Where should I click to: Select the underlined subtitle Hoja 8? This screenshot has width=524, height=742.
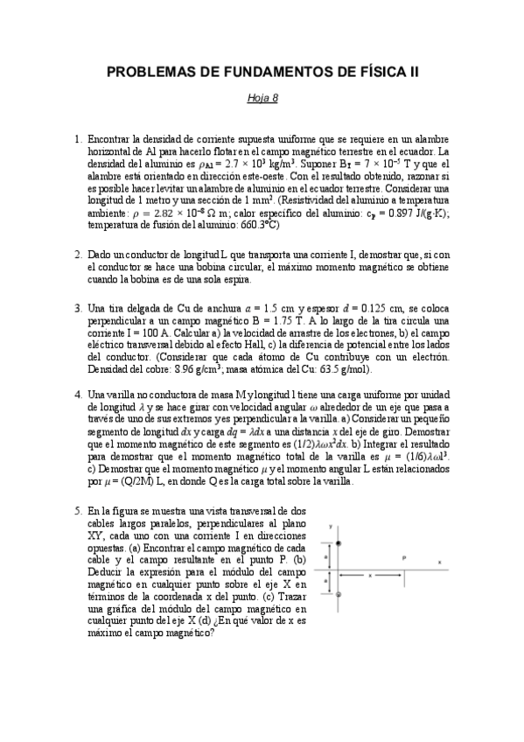coord(262,98)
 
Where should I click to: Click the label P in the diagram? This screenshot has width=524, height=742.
coord(403,556)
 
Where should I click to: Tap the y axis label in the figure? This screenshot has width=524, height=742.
coord(330,527)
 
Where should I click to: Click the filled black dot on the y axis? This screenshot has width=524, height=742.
coord(338,543)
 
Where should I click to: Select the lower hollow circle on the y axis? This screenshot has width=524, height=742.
coord(338,594)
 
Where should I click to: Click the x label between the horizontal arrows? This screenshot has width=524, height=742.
coord(371,575)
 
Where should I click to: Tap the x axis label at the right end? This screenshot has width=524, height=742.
coord(439,562)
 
